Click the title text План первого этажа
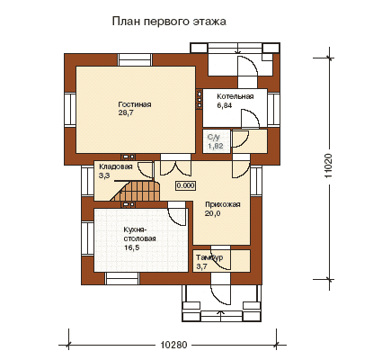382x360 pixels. pos(169,22)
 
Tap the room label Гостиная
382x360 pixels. pos(135,104)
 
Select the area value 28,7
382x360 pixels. pos(126,113)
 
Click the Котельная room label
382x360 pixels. pos(235,96)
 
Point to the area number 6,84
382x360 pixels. pos(225,105)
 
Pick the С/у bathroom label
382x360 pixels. pos(214,138)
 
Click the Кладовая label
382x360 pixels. pos(116,166)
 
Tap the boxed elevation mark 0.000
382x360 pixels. pos(185,185)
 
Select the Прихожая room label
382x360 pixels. pos(223,204)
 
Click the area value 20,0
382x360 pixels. pos(213,213)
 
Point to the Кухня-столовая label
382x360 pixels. pos(139,234)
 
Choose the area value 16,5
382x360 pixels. pos(131,247)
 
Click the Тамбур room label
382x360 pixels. pos(209,257)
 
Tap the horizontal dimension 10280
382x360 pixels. pos(173,345)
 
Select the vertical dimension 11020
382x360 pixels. pos(329,166)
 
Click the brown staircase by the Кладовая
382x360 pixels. pos(136,191)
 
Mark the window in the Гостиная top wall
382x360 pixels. pos(135,59)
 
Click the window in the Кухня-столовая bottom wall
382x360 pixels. pos(122,279)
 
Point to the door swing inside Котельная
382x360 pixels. pos(251,118)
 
